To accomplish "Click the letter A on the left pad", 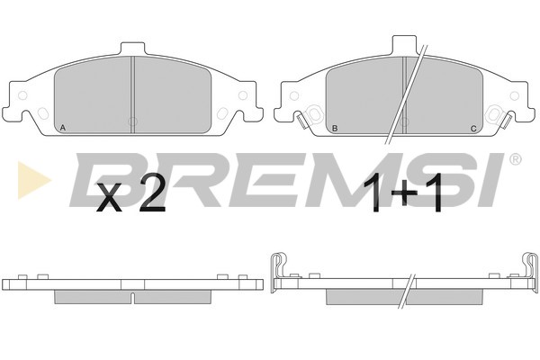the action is (x=62, y=128).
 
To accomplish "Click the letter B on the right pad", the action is (x=335, y=129).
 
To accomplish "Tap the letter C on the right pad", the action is (x=473, y=129).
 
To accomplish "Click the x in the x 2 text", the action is (x=110, y=198).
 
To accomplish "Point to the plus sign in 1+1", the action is (x=404, y=193).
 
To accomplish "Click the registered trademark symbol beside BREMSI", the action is (x=515, y=159).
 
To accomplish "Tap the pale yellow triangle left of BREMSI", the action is (x=33, y=180).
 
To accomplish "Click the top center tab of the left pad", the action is (x=132, y=49).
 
